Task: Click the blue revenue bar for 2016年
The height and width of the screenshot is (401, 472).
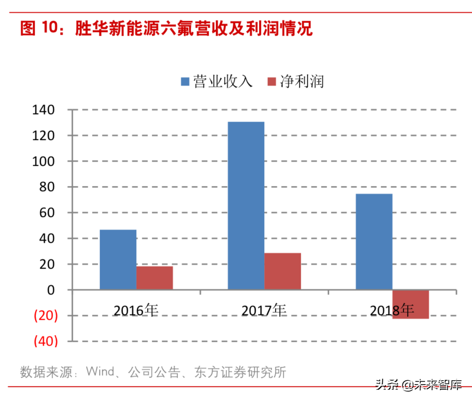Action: pyautogui.click(x=118, y=259)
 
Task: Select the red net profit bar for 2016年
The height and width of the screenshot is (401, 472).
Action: pyautogui.click(x=155, y=278)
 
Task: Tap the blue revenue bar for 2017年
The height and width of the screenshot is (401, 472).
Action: pyautogui.click(x=246, y=205)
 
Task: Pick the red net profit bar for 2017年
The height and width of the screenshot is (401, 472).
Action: pyautogui.click(x=283, y=271)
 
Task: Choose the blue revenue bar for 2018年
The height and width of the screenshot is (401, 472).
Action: pyautogui.click(x=374, y=241)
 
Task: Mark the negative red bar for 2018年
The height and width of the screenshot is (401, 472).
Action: pyautogui.click(x=410, y=304)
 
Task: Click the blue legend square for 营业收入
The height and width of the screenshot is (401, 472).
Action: pyautogui.click(x=185, y=82)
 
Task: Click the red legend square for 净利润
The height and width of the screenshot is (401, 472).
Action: pyautogui.click(x=272, y=82)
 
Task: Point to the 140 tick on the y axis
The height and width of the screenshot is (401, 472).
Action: pyautogui.click(x=44, y=110)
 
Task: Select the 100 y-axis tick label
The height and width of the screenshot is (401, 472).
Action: pyautogui.click(x=44, y=162)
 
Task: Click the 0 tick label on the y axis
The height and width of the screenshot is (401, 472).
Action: pyautogui.click(x=52, y=290)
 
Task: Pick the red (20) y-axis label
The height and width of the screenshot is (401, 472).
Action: pyautogui.click(x=46, y=316)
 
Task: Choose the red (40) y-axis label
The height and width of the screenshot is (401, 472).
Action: pyautogui.click(x=46, y=341)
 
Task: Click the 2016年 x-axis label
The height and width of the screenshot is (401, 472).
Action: pyautogui.click(x=136, y=310)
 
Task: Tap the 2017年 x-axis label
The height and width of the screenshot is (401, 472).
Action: pyautogui.click(x=264, y=310)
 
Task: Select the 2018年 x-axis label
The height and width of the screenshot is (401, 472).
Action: pyautogui.click(x=392, y=310)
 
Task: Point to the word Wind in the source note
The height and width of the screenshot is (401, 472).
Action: pyautogui.click(x=100, y=372)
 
